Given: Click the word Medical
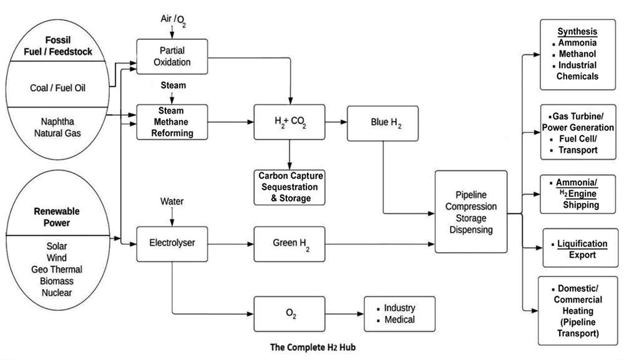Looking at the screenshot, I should pos(399,320).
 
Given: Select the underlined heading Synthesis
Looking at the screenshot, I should pos(577,32).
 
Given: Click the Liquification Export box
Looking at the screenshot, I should pos(577,249).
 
